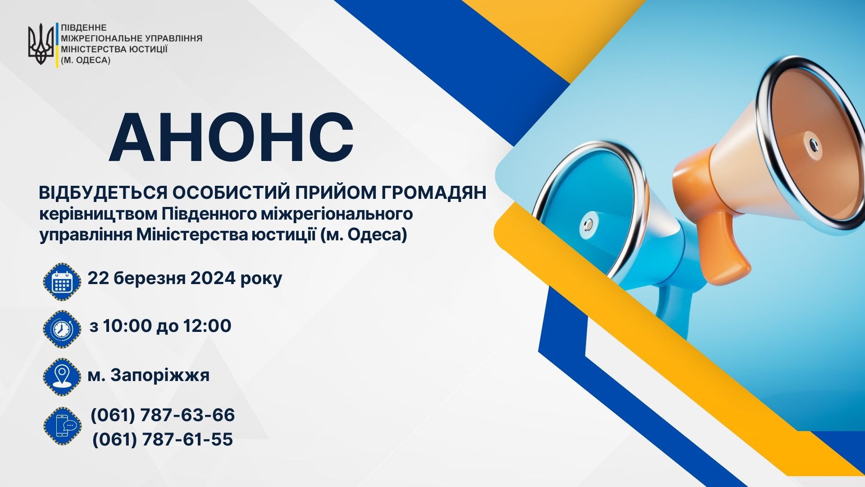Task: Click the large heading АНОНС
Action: [231, 138]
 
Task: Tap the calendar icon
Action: [62, 281]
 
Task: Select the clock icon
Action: [62, 329]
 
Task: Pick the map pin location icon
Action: [62, 377]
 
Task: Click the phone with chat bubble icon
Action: [62, 426]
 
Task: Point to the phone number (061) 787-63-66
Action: [163, 415]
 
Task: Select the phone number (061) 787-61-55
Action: [163, 439]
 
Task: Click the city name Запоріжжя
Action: [160, 375]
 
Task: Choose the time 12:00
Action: [207, 326]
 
